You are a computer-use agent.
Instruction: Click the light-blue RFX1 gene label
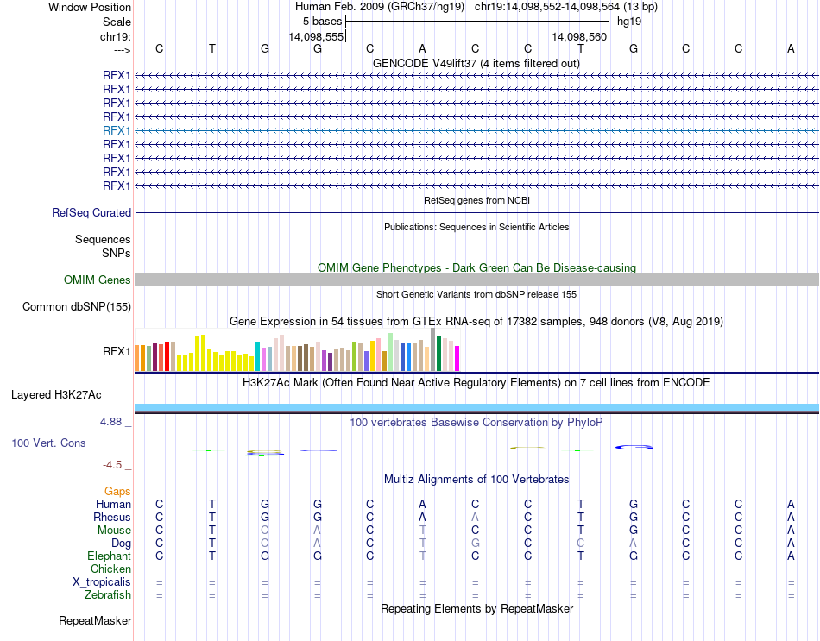coord(117,129)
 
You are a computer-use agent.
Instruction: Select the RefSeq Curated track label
coord(91,212)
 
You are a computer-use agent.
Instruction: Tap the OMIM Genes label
coord(98,280)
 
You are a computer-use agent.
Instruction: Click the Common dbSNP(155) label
coord(77,306)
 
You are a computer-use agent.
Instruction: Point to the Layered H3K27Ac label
coord(56,395)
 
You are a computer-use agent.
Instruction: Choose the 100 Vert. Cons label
coord(48,443)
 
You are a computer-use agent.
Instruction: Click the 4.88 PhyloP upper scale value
coord(113,422)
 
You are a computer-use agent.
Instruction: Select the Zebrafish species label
coord(108,594)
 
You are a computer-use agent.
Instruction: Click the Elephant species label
coord(109,556)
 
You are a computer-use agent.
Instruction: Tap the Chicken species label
coord(110,569)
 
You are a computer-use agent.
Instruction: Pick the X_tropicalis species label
coord(102,581)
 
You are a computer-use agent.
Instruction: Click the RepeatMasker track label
coord(95,620)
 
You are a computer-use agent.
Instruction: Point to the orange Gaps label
coord(117,491)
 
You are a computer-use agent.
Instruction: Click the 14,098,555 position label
coord(317,37)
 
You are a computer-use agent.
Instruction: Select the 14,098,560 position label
coord(580,37)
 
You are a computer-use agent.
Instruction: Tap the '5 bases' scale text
coord(323,21)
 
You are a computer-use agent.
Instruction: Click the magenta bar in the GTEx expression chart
coord(457,358)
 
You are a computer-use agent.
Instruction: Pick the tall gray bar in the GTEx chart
coord(432,349)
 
